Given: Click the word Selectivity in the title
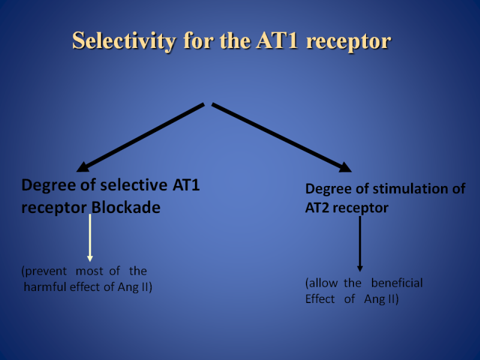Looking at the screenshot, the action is [124, 41].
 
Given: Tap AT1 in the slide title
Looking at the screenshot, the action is [277, 40].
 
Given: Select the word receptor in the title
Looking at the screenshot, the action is [349, 42].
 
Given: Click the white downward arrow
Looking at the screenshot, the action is [89, 238].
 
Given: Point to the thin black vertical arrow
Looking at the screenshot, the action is [360, 244].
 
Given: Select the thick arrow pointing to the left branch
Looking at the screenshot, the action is [140, 137].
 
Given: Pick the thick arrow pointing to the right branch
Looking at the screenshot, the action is [281, 137].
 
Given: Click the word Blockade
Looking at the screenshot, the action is [126, 207].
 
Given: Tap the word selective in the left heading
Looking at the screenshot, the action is [134, 185].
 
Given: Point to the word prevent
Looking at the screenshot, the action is [44, 271].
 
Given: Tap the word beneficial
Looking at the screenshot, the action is [397, 283].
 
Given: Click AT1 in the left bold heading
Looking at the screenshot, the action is [186, 185].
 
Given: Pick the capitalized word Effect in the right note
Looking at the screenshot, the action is [320, 299].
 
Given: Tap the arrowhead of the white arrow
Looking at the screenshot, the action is [89, 259].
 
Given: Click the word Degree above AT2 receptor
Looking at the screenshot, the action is [328, 189].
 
